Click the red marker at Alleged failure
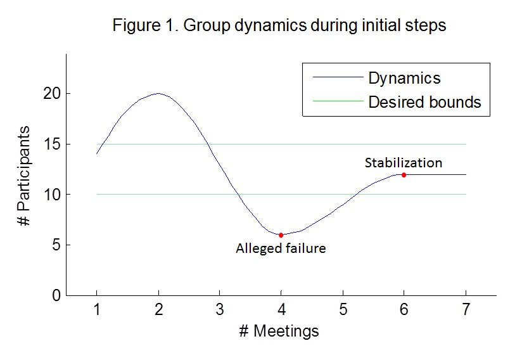pyautogui.click(x=281, y=235)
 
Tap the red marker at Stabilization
pyautogui.click(x=404, y=175)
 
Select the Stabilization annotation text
pyautogui.click(x=403, y=163)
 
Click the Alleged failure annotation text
pyautogui.click(x=281, y=248)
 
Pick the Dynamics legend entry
pyautogui.click(x=404, y=78)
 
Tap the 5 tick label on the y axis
pyautogui.click(x=56, y=245)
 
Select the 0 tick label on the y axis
pyautogui.click(x=56, y=295)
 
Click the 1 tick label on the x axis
pyautogui.click(x=96, y=311)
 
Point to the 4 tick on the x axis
pyautogui.click(x=281, y=311)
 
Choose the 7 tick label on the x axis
pyautogui.click(x=466, y=311)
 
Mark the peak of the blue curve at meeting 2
pyautogui.click(x=158, y=93)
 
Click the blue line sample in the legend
pyautogui.click(x=337, y=78)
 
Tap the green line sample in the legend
pyautogui.click(x=337, y=101)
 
